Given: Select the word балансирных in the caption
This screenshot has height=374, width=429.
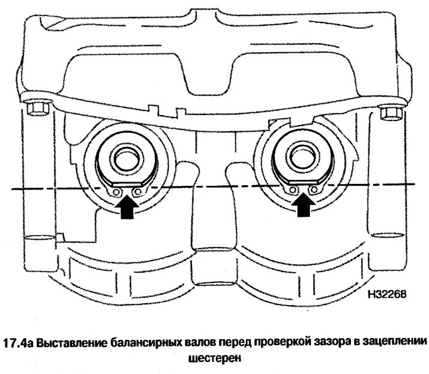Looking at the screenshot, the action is (x=146, y=343).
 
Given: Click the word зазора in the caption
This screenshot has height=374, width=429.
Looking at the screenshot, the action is (x=330, y=343).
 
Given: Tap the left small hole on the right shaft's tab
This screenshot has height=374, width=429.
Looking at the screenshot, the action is (x=293, y=190).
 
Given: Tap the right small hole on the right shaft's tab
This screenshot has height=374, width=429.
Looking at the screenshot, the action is (x=312, y=190).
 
